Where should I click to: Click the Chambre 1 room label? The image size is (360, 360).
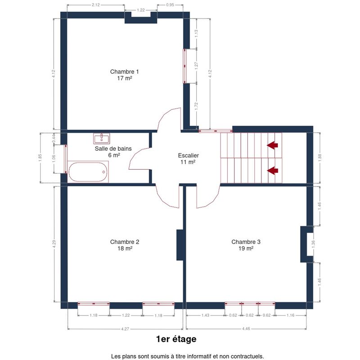125,75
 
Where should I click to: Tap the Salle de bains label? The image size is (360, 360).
113,152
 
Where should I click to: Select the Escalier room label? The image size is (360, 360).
188,159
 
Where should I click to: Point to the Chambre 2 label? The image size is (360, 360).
125,245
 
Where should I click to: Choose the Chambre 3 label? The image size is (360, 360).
246,245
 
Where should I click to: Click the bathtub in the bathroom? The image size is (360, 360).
88,172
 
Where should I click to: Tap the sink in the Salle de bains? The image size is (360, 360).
102,139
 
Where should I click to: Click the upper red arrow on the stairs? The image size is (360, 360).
272,145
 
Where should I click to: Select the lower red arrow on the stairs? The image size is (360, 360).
272,171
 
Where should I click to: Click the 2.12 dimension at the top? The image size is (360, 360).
96,5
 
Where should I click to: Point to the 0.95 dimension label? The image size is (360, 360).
170,5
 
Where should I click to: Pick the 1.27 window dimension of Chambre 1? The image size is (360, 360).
196,66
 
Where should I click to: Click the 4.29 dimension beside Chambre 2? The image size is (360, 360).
54,244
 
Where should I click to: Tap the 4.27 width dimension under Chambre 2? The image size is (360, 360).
125,329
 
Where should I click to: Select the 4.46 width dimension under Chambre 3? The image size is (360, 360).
246,329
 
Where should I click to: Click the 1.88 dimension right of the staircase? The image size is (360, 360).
320,158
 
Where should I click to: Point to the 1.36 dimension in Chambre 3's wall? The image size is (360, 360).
313,244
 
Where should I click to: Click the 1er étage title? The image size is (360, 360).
176,339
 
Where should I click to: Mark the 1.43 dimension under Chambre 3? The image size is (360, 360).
205,315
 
